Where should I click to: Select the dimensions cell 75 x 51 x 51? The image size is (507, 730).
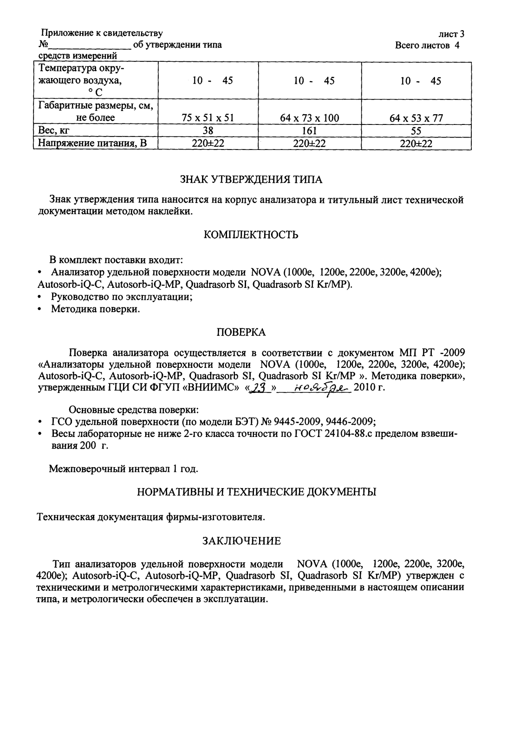coord(208,118)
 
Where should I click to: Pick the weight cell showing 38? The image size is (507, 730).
coord(208,131)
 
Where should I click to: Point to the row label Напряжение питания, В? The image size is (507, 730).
coord(92,143)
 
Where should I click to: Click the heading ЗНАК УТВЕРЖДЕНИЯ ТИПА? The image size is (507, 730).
coord(251,179)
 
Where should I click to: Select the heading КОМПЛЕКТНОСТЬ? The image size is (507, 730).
coord(251,235)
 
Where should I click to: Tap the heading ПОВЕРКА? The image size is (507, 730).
coord(241,332)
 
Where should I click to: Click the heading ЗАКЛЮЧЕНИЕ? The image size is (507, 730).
coord(241,541)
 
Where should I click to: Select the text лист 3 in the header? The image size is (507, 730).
coord(451,34)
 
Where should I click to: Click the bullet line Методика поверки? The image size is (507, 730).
coord(95,309)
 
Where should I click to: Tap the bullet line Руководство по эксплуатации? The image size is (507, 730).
coord(122,297)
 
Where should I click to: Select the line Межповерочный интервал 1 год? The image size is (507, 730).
coord(123,469)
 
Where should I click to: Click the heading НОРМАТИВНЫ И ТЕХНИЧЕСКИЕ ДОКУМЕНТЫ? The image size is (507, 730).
coord(257,492)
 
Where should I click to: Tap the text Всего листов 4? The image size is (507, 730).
coord(427,46)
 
